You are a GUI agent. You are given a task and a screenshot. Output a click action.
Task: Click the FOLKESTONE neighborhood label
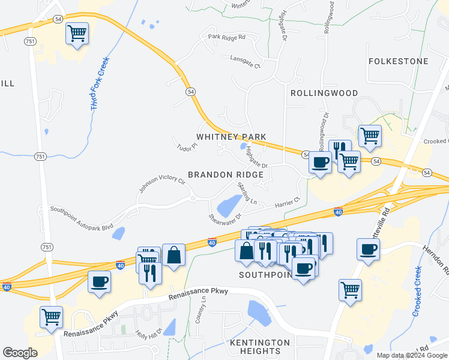399,61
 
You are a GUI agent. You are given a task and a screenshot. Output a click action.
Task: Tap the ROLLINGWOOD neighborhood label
324,93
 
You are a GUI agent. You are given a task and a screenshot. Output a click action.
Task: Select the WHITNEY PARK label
232,137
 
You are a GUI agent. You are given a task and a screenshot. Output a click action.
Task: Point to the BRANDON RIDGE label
226,175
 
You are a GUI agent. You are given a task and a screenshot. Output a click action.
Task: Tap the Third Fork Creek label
99,83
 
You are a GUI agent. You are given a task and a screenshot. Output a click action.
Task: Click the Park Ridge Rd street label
227,37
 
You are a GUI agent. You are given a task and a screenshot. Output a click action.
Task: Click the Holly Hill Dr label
149,335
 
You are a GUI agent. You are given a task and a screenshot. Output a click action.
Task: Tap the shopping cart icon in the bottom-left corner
51,316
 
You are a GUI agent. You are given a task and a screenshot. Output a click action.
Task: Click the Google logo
20,353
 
